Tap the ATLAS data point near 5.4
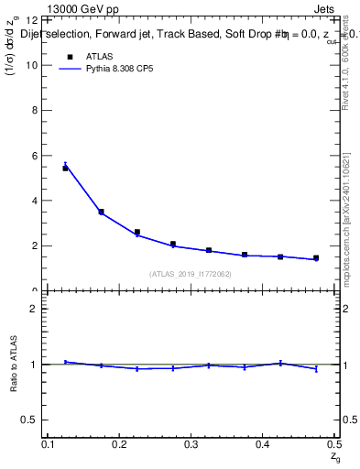click(65, 168)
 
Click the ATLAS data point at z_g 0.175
click(101, 212)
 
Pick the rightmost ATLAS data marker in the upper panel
click(316, 258)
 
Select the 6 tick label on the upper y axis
click(35, 156)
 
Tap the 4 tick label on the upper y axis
click(35, 201)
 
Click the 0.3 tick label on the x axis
click(191, 444)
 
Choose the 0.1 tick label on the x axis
click(49, 444)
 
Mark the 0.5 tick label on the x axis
click(333, 444)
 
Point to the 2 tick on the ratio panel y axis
click(35, 309)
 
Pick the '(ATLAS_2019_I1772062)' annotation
click(191, 274)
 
